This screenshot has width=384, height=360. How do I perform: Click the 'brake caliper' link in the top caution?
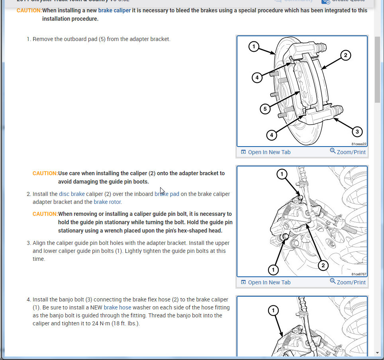(x=114, y=10)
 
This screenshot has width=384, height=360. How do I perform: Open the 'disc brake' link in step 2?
(x=72, y=194)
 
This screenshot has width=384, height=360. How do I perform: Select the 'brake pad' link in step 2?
(x=167, y=194)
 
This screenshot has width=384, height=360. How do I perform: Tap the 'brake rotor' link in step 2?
(x=107, y=202)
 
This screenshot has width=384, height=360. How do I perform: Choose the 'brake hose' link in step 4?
(x=118, y=307)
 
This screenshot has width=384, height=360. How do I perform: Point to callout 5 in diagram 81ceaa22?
(x=265, y=109)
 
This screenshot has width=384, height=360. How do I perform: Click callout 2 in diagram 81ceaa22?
(x=345, y=55)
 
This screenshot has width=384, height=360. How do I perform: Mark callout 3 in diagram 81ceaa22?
(x=357, y=131)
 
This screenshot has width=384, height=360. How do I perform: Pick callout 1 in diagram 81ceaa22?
(x=254, y=47)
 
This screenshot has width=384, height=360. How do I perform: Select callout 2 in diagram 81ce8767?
(x=323, y=265)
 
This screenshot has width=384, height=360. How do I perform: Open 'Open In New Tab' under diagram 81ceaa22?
(x=269, y=152)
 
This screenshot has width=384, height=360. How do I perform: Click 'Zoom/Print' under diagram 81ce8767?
(x=351, y=282)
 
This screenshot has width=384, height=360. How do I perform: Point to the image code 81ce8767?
(x=359, y=274)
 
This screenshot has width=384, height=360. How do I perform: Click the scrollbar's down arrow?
(x=378, y=352)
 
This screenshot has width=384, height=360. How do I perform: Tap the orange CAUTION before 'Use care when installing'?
(x=45, y=173)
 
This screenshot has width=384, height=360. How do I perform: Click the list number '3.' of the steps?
(x=29, y=243)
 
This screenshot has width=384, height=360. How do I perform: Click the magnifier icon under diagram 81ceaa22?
(x=333, y=151)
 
